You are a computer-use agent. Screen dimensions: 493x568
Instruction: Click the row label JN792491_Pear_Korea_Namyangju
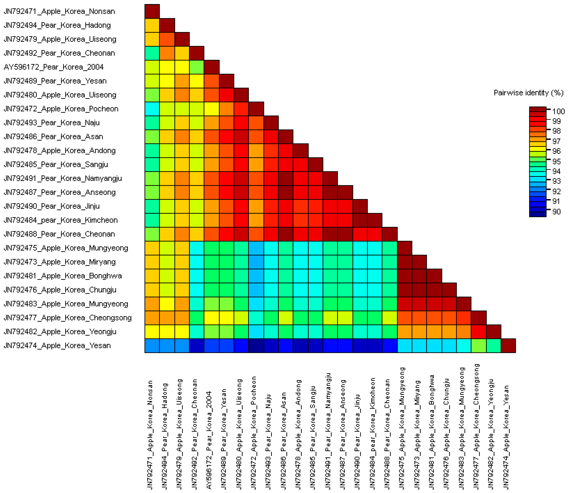[63, 179]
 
